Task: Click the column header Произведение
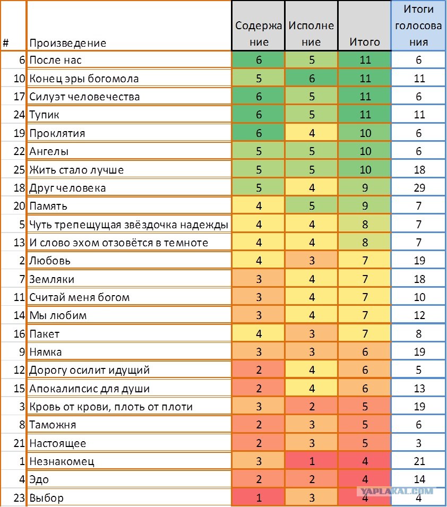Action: (x=67, y=43)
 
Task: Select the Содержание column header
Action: (x=259, y=33)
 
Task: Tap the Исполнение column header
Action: (x=311, y=33)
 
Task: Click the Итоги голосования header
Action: (x=418, y=25)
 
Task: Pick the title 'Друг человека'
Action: (x=67, y=188)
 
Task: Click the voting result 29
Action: (x=418, y=188)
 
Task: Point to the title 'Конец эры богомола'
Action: (x=84, y=79)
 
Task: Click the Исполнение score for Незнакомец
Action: (x=312, y=461)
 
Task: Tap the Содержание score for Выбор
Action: (x=259, y=498)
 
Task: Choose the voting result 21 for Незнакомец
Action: (x=418, y=461)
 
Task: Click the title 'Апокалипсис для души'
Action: (x=89, y=389)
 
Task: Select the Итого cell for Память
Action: (x=365, y=206)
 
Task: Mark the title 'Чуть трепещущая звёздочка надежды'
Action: (x=128, y=225)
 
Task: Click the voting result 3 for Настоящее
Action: (x=418, y=443)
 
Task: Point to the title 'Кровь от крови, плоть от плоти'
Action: (x=110, y=407)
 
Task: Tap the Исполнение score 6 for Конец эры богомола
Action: (x=312, y=79)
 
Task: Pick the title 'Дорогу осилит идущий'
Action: (x=89, y=370)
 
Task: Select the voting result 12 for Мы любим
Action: (x=418, y=315)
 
